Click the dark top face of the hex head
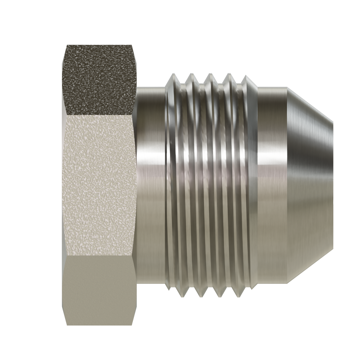pyautogui.click(x=99, y=79)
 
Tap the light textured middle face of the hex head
pyautogui.click(x=99, y=184)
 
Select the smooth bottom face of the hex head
pyautogui.click(x=99, y=289)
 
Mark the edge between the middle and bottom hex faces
pyautogui.click(x=99, y=256)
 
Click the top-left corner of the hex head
pyautogui.click(x=67, y=45)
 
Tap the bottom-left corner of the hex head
pyautogui.click(x=67, y=325)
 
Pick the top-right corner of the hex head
pyautogui.click(x=132, y=45)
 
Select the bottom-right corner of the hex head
pyautogui.click(x=132, y=325)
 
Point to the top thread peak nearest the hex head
pyautogui.click(x=172, y=74)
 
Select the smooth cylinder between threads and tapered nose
pyautogui.click(x=271, y=184)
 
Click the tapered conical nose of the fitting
pyautogui.click(x=310, y=184)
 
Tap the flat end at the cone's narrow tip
pyautogui.click(x=332, y=184)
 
